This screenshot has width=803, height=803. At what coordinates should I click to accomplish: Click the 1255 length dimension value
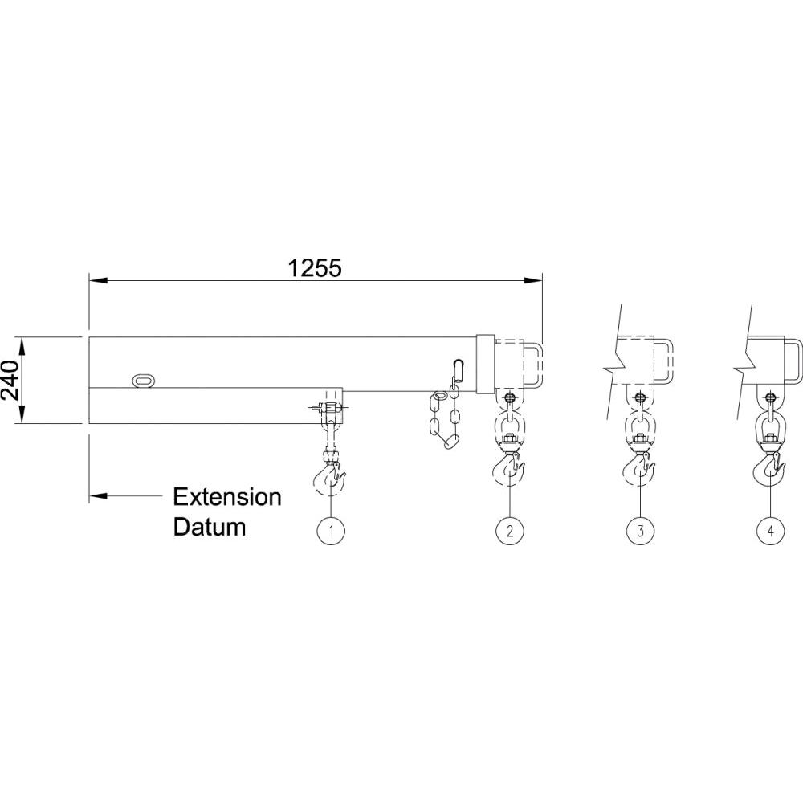tap(316, 267)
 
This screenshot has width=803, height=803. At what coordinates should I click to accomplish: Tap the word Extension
tap(227, 497)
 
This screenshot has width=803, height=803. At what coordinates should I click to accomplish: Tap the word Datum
tap(210, 528)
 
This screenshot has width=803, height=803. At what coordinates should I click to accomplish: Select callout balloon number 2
tap(509, 530)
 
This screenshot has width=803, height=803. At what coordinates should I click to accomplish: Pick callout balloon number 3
tap(640, 530)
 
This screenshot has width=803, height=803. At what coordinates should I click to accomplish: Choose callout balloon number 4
tap(770, 530)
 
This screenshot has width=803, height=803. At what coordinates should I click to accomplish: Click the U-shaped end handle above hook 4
tap(791, 361)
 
